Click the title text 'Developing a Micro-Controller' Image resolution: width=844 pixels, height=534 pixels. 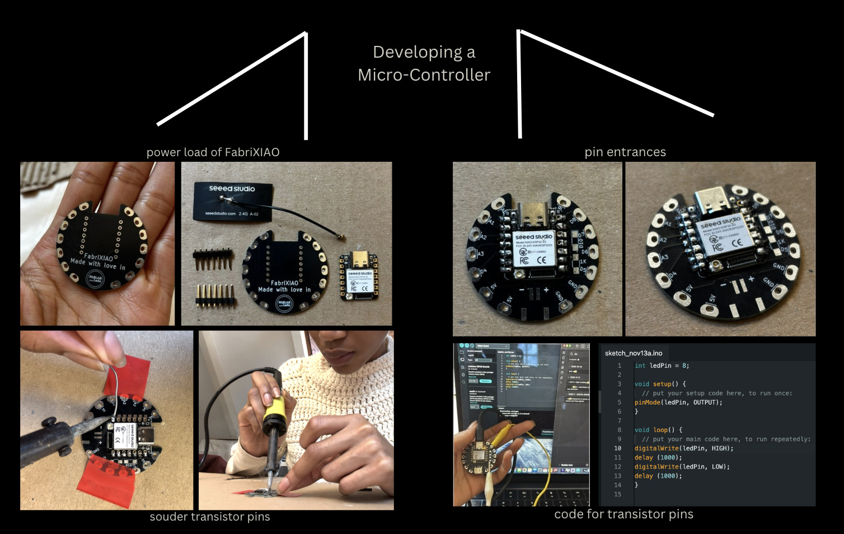[424, 63]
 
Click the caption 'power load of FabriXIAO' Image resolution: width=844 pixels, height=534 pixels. [213, 152]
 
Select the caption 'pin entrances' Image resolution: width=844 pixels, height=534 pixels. [625, 152]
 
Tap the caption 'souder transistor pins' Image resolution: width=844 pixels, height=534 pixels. [210, 517]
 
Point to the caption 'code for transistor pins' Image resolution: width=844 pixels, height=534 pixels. [623, 514]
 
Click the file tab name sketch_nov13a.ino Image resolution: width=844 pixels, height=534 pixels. [634, 353]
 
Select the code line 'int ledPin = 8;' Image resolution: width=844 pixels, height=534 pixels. [662, 366]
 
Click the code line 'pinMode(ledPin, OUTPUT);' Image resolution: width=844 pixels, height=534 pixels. [678, 402]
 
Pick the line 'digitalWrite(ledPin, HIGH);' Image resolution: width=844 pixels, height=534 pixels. [683, 448]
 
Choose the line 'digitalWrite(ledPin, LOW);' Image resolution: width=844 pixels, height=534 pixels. [682, 467]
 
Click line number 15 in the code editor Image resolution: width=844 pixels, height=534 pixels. [618, 494]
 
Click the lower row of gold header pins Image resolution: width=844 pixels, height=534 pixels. [214, 295]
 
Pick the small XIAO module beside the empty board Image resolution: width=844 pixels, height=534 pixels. [358, 276]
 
